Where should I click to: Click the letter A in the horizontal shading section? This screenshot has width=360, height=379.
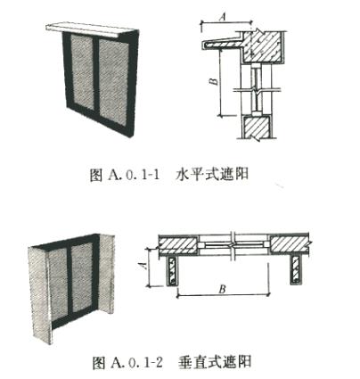[x=223, y=17]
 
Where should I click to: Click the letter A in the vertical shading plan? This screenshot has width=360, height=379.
[x=143, y=265]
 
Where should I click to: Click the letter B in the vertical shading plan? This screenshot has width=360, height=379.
[x=222, y=289]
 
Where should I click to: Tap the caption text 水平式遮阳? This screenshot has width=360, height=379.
[x=212, y=174]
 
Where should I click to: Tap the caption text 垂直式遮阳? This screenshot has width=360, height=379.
[x=215, y=362]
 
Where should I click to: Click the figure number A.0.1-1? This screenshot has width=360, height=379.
[x=135, y=175]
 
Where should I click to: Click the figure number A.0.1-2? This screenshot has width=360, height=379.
[x=137, y=362]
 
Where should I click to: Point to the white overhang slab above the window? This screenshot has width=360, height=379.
[x=89, y=29]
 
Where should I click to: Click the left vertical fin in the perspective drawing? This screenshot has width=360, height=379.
[x=40, y=294]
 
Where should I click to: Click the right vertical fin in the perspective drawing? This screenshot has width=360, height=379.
[x=107, y=274]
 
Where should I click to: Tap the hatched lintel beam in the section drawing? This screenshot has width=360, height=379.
[x=262, y=46]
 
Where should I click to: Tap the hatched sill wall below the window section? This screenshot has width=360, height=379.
[x=257, y=127]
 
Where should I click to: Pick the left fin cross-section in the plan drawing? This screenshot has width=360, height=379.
[x=172, y=270]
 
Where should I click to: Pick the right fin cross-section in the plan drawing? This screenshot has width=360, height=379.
[x=296, y=270]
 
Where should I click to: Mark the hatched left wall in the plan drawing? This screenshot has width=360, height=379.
[x=178, y=244]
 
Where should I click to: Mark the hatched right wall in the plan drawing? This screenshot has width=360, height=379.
[x=290, y=244]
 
